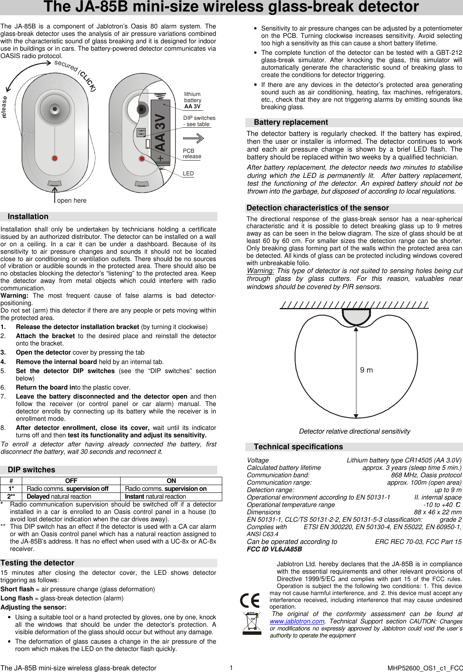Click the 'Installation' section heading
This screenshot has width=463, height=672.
tap(28, 217)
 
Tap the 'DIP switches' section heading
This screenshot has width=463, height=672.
tap(31, 470)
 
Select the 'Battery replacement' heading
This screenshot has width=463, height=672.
tap(291, 122)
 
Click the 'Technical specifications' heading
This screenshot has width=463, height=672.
tap(298, 447)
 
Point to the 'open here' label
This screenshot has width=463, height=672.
tap(72, 201)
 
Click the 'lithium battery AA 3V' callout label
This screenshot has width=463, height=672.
tap(193, 100)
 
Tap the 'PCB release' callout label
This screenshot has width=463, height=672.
tap(192, 154)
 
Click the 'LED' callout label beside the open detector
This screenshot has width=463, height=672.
tap(188, 174)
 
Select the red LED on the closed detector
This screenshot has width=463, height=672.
tap(55, 158)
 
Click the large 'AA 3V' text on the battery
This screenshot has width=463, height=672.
tap(160, 133)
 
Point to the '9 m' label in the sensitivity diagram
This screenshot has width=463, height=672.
tap(366, 370)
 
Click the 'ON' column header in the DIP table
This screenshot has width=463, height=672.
tap(171, 481)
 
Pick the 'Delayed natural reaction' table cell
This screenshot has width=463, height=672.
tap(59, 497)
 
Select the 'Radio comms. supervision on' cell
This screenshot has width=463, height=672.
tap(165, 489)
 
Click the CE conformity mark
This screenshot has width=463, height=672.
tap(250, 600)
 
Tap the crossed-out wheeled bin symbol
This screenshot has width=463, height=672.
tap(251, 623)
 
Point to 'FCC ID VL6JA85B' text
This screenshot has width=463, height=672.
tap(274, 549)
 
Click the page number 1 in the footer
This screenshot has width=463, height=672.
tap(231, 667)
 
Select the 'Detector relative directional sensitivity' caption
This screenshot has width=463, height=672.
tap(354, 431)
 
